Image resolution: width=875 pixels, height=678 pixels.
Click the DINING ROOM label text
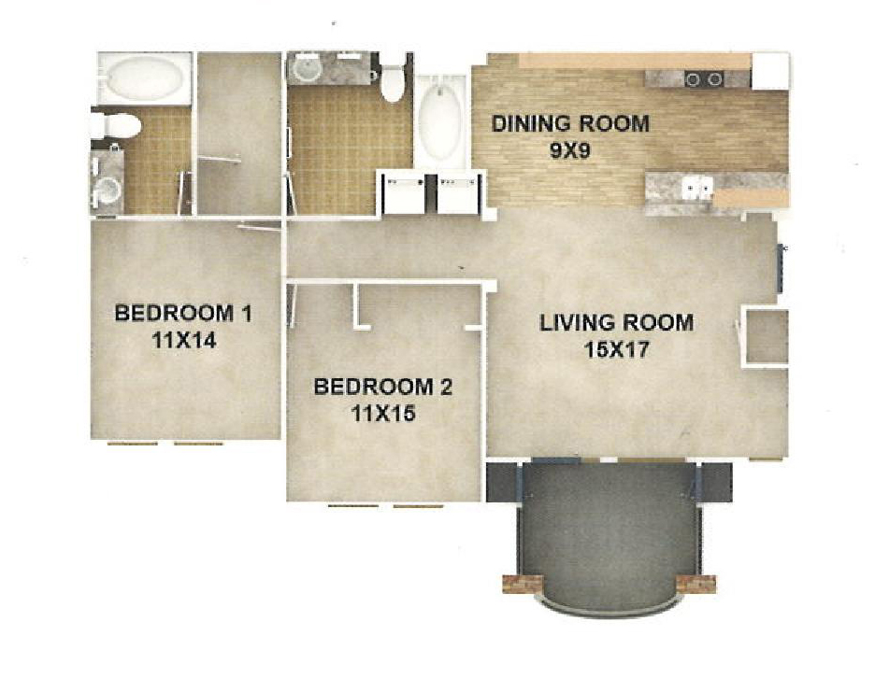point(570,124)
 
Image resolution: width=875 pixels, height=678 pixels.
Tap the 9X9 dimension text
point(569,151)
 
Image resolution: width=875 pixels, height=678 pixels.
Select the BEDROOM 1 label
point(183,314)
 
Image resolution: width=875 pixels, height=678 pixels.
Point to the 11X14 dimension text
point(183,340)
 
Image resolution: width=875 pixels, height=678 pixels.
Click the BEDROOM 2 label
point(383,387)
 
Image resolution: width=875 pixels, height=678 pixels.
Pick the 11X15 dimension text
point(383,413)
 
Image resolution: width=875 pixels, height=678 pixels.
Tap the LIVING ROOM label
point(617,323)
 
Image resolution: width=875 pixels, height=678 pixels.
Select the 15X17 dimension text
point(617,349)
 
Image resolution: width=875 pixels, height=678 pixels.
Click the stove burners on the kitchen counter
point(704,79)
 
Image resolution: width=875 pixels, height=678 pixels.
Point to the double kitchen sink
point(697,187)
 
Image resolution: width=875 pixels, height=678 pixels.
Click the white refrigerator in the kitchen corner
point(769,71)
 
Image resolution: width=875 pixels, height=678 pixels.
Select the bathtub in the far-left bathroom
point(145,78)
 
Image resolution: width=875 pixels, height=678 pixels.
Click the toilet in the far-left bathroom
point(114,125)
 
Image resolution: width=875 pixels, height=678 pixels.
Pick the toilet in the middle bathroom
point(393,84)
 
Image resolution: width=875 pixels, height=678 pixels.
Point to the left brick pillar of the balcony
point(523,584)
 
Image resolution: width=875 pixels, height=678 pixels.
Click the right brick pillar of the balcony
point(696,584)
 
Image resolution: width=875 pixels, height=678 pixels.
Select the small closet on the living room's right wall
point(767,336)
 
